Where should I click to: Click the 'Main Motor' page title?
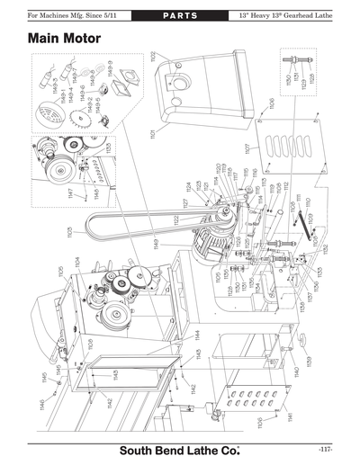(x=64, y=40)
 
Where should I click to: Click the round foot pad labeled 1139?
(x=303, y=339)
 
